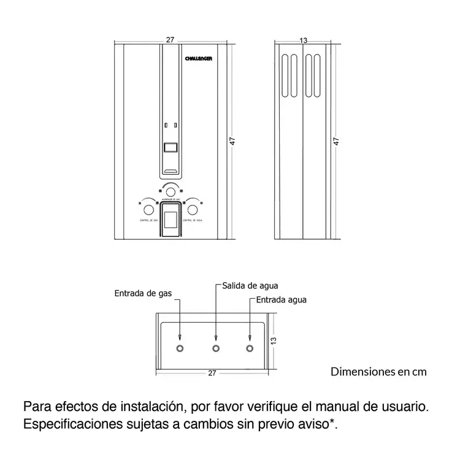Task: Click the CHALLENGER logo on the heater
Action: [199, 58]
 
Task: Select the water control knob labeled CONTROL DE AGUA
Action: [193, 210]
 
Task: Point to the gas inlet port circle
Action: [180, 348]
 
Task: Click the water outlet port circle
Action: [216, 348]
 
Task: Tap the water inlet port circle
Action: [250, 348]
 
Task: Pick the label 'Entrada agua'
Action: [281, 300]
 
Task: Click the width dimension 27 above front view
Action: [170, 40]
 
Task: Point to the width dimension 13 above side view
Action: [303, 40]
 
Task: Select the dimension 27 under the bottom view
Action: [212, 372]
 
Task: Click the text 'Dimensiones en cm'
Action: [378, 371]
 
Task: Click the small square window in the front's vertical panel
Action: [171, 147]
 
